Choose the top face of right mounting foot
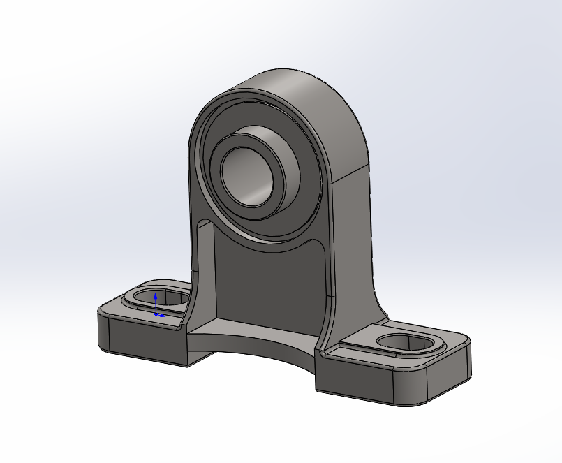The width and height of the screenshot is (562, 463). [x=363, y=349]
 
